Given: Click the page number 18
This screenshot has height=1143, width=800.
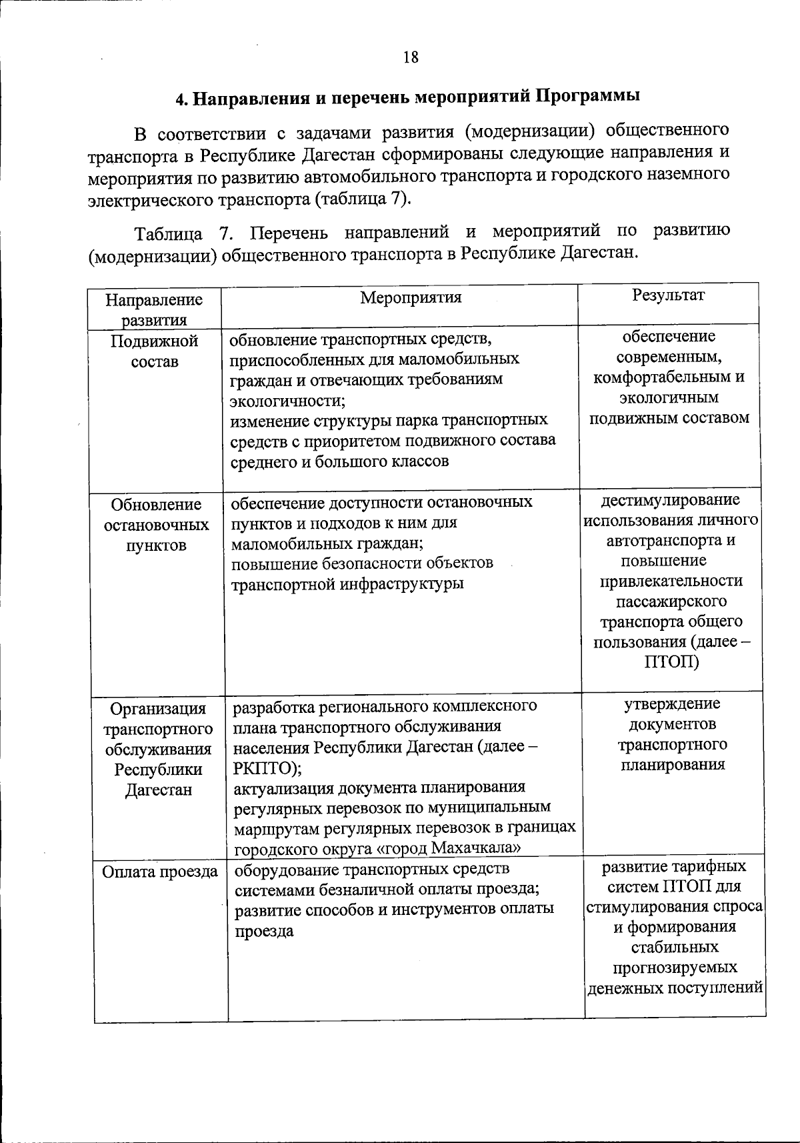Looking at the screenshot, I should click(411, 57).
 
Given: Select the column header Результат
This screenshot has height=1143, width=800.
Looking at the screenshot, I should click(668, 295).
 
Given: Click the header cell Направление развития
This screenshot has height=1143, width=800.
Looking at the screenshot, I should click(154, 309).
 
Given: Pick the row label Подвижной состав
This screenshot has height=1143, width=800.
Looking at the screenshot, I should click(155, 351).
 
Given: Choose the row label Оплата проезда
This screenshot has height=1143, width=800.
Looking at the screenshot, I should click(160, 872).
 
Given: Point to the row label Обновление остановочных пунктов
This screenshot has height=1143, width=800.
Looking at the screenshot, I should click(156, 525).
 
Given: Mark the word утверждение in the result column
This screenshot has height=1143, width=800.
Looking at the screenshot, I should click(672, 704).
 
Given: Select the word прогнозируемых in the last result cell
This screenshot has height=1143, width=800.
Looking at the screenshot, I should click(675, 968).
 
